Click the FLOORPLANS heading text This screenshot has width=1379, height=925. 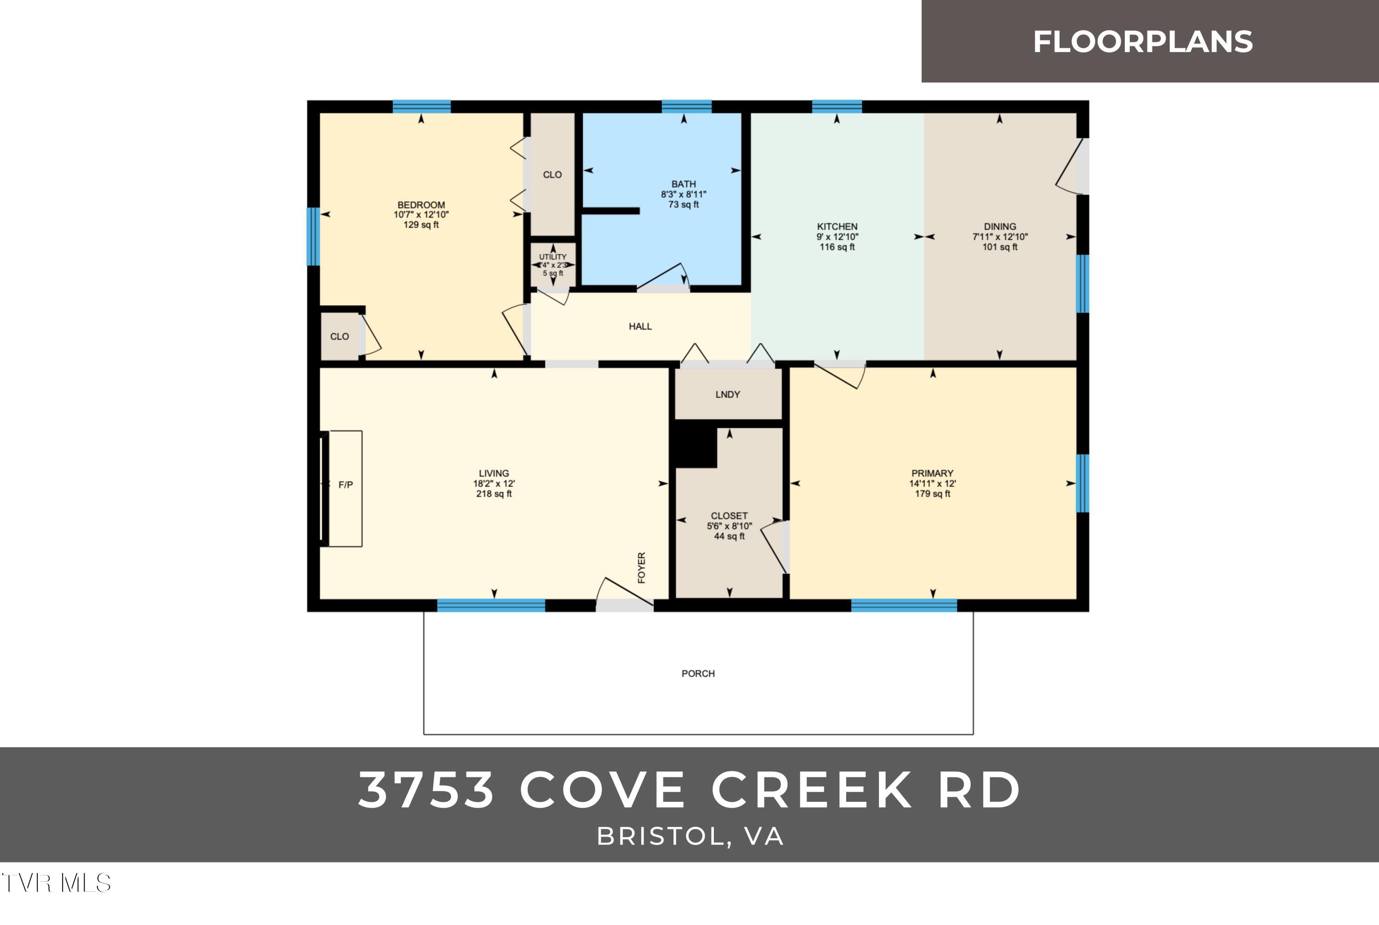(x=1142, y=42)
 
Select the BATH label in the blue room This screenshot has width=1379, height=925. (x=683, y=184)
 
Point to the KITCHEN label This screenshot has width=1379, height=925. (x=837, y=227)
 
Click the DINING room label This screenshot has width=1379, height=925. (x=999, y=227)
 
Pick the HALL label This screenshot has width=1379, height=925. (x=640, y=326)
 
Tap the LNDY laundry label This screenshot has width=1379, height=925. (x=727, y=394)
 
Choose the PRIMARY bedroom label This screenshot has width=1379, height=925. (x=932, y=473)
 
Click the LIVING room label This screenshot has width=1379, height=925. (x=494, y=473)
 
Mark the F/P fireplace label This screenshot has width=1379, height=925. (x=346, y=485)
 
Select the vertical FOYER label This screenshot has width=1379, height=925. (x=642, y=567)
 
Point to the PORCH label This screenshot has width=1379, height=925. (x=698, y=674)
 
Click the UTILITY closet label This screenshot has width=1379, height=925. (x=553, y=257)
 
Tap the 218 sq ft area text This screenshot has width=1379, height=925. (x=494, y=494)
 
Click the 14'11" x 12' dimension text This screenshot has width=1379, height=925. (x=932, y=484)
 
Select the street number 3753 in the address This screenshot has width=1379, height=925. (x=426, y=790)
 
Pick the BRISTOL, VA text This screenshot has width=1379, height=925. (x=689, y=837)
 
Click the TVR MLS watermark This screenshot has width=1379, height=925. (x=56, y=883)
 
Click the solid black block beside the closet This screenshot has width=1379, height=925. (x=695, y=446)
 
